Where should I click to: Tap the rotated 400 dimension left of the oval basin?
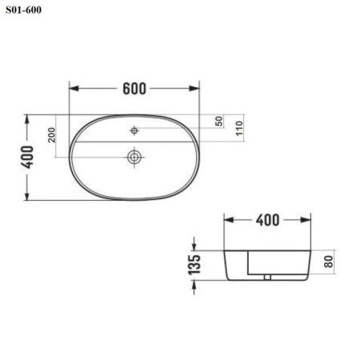[x=29, y=157]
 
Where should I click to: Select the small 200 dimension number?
[x=52, y=135]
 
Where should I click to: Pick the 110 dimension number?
[x=238, y=129]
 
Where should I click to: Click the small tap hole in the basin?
[x=134, y=129]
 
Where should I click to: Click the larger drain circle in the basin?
[x=134, y=156]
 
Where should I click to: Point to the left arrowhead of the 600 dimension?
[x=73, y=87]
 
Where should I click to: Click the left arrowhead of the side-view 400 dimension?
[x=226, y=219]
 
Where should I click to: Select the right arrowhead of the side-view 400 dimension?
[x=307, y=219]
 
